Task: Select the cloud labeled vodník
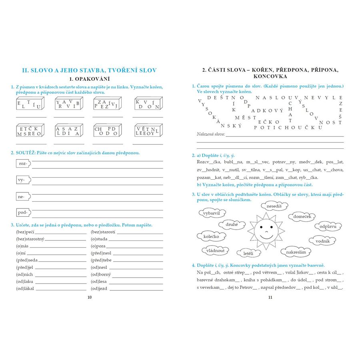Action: tap(322, 241)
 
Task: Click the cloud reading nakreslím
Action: tap(296, 252)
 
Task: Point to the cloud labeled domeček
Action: tap(302, 216)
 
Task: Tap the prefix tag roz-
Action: tap(22, 164)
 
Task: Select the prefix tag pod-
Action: tap(22, 212)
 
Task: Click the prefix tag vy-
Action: tap(22, 180)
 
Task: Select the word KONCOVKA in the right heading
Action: tap(270, 76)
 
